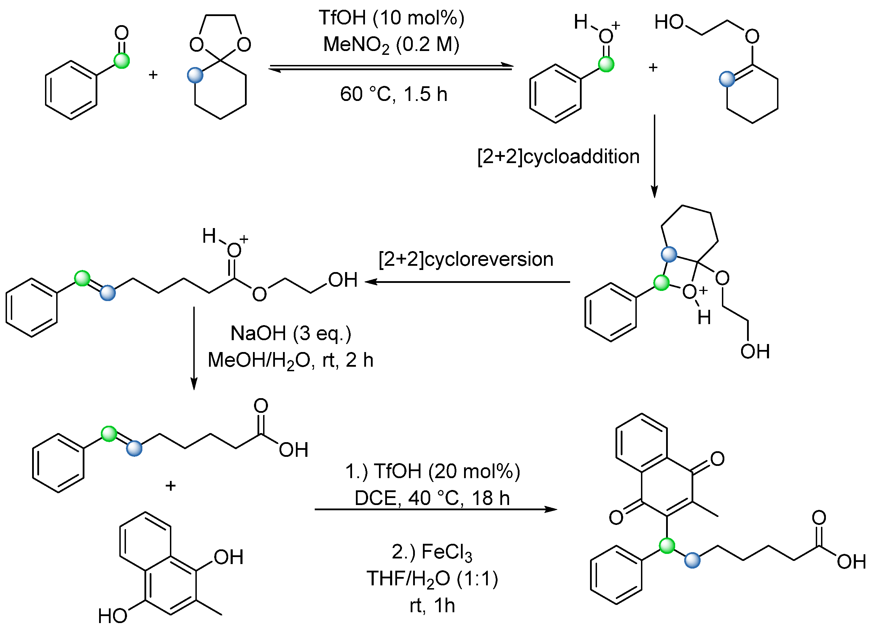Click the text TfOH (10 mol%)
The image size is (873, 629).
tap(391, 18)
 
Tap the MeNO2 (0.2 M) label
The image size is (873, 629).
tap(391, 45)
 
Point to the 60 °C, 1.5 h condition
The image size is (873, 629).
tap(393, 94)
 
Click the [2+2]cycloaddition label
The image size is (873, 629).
tap(558, 156)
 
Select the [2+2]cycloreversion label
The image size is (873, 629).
tap(466, 259)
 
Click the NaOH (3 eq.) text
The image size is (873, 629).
tap(291, 333)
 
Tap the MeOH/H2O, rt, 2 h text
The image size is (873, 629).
tap(291, 360)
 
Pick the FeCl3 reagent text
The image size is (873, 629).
tap(432, 552)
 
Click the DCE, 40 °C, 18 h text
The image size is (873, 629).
tap(432, 498)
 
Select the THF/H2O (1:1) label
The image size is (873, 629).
tap(432, 579)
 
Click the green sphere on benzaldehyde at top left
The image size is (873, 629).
tap(122, 61)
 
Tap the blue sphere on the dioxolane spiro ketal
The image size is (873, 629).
tap(195, 75)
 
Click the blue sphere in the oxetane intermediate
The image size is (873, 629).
tap(669, 254)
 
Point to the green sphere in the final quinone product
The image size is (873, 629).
tap(667, 546)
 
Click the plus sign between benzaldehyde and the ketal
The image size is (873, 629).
tap(153, 74)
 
